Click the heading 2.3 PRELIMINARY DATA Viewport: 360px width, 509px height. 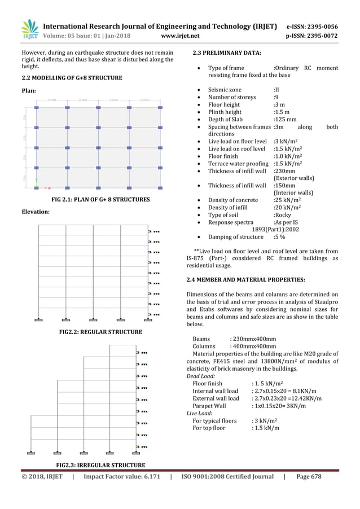(227, 53)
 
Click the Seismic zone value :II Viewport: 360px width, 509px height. (276, 90)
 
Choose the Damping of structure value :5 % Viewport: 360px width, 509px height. (280, 237)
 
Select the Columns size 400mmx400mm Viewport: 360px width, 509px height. (253, 346)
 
